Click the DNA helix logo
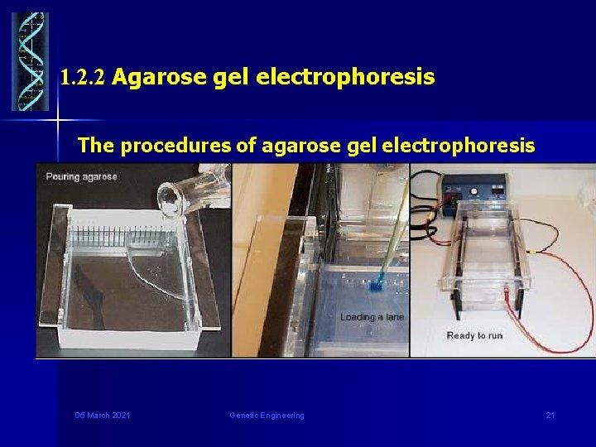coord(30,62)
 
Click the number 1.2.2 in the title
coord(83,79)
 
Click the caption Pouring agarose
coord(82,176)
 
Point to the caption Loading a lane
coord(372,317)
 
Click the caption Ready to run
coord(474,335)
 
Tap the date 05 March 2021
coord(103,415)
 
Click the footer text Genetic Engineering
coord(267,415)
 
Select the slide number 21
coord(550,415)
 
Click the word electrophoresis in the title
coord(345,78)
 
